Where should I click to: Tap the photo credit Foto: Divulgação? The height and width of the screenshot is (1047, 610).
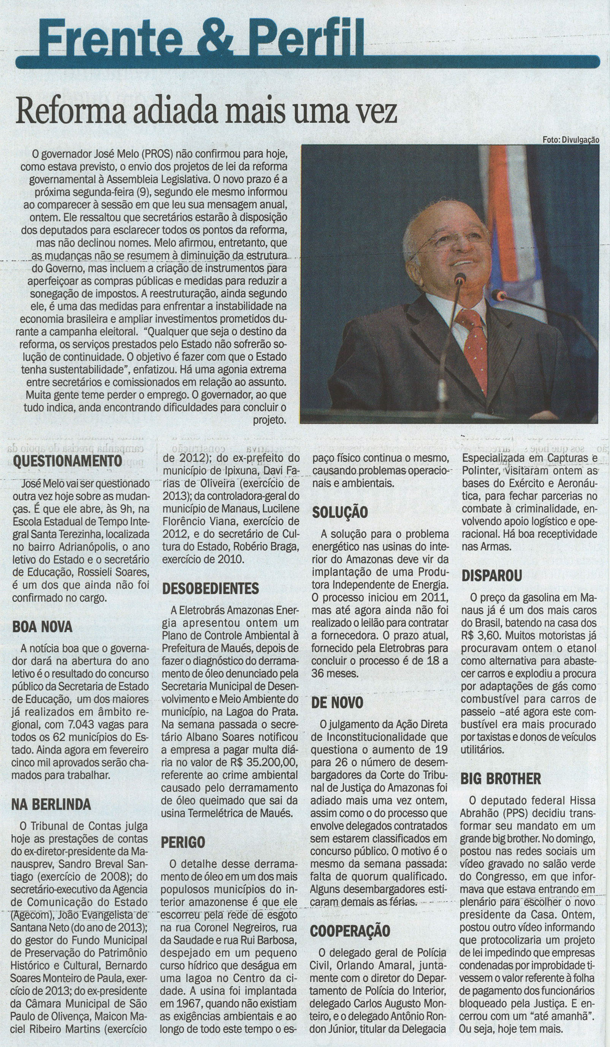570,140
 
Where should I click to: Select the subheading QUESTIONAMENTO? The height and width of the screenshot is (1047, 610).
67,461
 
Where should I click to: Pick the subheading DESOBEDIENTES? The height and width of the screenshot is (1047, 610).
211,588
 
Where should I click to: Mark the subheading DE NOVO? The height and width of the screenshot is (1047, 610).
337,703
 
